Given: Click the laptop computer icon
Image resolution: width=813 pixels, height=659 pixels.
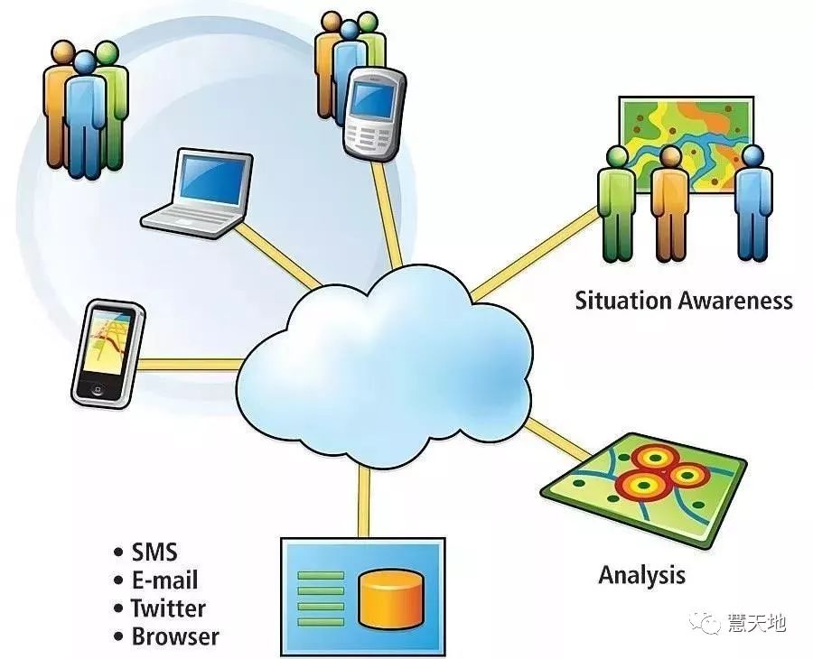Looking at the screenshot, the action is tap(198, 193).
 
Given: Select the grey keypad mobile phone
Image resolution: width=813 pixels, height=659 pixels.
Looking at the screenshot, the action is tap(374, 113).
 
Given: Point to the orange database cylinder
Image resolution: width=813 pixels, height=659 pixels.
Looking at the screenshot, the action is tap(391, 600).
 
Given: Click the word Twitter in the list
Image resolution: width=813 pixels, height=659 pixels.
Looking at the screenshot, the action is tap(168, 608).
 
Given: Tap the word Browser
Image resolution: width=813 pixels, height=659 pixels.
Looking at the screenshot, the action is tap(175, 636).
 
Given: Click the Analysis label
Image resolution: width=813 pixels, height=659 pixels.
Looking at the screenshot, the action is tap(642, 575).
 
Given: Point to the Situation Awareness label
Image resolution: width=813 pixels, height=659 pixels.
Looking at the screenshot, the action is tap(684, 301).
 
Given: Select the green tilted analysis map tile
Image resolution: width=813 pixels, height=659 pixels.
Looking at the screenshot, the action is tap(643, 490).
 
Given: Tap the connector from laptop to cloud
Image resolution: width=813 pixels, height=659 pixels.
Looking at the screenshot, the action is tap(278, 257).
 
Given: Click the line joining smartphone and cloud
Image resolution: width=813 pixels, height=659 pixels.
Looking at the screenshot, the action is tap(191, 364).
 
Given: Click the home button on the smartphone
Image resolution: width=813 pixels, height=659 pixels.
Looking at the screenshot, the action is tap(97, 390).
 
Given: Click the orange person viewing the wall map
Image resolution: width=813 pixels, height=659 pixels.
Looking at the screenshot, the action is tap(670, 203).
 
